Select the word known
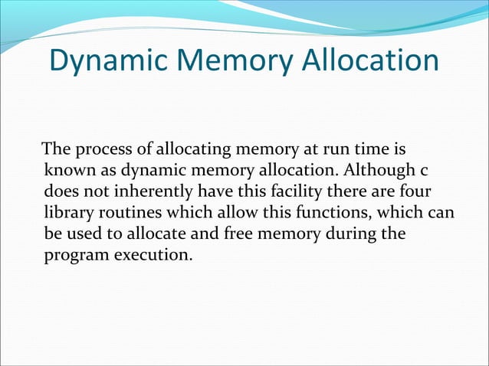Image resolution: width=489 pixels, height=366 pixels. tap(68, 168)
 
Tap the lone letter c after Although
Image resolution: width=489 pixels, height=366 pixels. tap(423, 169)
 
